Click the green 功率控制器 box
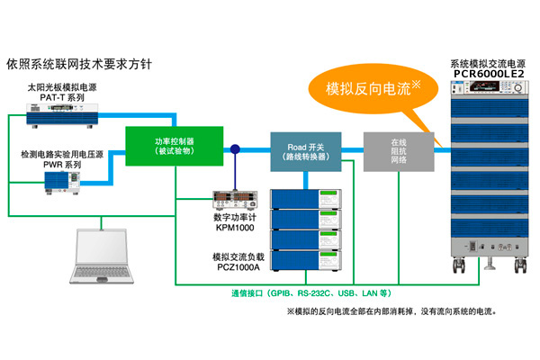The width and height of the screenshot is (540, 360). coord(175,147)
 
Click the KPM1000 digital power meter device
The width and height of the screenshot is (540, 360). coord(233,198)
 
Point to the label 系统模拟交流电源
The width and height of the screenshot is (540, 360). coord(487,65)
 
